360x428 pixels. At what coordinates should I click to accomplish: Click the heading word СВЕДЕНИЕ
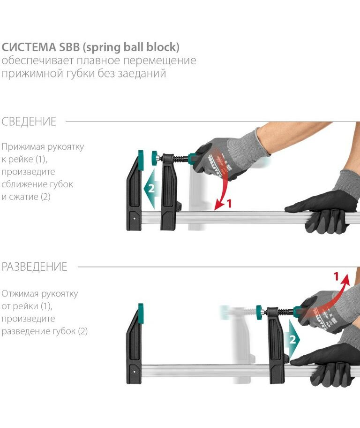(29, 122)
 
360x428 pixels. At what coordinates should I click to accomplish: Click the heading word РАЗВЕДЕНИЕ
(34, 267)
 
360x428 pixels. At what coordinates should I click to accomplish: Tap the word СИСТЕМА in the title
(29, 47)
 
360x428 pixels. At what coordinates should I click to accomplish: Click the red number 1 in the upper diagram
(229, 203)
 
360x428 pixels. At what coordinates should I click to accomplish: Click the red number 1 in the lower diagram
(336, 276)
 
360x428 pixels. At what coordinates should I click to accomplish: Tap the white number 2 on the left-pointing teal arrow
(151, 188)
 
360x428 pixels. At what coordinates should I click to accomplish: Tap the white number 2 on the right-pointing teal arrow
(292, 339)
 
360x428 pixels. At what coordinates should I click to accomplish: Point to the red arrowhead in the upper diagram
(219, 205)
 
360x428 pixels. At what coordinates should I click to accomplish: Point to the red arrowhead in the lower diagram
(345, 278)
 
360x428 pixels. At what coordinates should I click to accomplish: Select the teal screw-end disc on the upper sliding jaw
(155, 158)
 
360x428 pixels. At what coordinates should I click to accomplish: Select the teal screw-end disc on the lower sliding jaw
(259, 312)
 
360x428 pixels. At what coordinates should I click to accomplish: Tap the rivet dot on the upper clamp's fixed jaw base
(134, 218)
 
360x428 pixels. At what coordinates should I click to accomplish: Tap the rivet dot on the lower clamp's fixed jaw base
(134, 372)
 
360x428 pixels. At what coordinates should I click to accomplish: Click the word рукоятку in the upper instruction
(66, 147)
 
